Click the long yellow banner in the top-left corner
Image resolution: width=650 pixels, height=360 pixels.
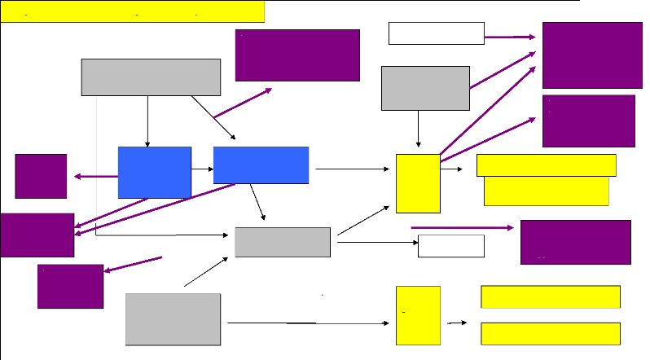[133, 11]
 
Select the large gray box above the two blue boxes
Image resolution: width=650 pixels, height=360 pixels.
[151, 77]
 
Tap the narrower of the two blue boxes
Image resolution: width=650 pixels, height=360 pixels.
[155, 172]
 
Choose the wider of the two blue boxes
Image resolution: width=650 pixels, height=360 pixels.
[261, 165]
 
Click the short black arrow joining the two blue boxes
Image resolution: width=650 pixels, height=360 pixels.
[202, 169]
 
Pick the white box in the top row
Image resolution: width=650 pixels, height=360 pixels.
[437, 33]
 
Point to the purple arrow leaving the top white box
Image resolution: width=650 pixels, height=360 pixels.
[510, 37]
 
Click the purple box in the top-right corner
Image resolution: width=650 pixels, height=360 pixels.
[591, 55]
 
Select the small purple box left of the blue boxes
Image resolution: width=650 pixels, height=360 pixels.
[41, 175]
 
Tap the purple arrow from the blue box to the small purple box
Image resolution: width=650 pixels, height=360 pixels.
[95, 176]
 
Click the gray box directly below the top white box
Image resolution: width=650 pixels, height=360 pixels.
[425, 87]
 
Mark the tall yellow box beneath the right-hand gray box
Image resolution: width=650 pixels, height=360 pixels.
[418, 182]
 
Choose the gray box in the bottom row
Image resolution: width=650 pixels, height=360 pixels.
[173, 319]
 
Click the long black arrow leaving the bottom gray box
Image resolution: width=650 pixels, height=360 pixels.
[307, 323]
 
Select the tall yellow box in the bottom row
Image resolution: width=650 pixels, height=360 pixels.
[418, 315]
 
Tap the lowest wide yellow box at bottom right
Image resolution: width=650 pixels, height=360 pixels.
[551, 334]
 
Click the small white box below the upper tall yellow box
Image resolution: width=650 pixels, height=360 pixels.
[450, 245]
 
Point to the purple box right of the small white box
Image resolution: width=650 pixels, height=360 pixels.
[575, 242]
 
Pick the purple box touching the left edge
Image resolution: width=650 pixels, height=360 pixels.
[37, 235]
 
